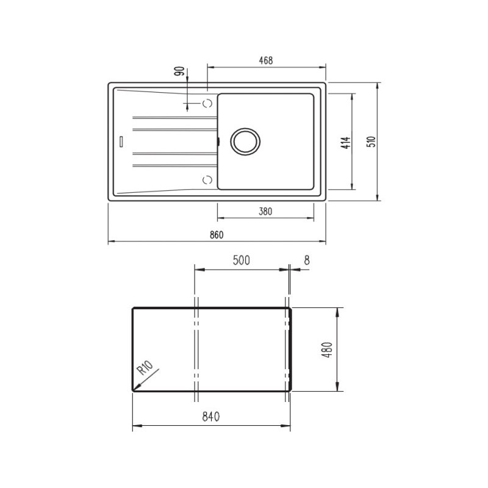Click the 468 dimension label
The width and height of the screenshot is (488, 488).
point(265,60)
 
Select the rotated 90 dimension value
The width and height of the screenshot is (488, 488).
point(179,71)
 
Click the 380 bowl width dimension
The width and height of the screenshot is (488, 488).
point(265,212)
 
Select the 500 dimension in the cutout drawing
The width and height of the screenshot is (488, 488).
point(241,260)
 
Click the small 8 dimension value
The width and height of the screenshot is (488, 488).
point(306,260)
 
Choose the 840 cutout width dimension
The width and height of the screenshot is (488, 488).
point(210,417)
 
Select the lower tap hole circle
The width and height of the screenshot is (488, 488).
point(207,179)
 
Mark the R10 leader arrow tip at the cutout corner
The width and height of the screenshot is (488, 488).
point(134,389)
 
